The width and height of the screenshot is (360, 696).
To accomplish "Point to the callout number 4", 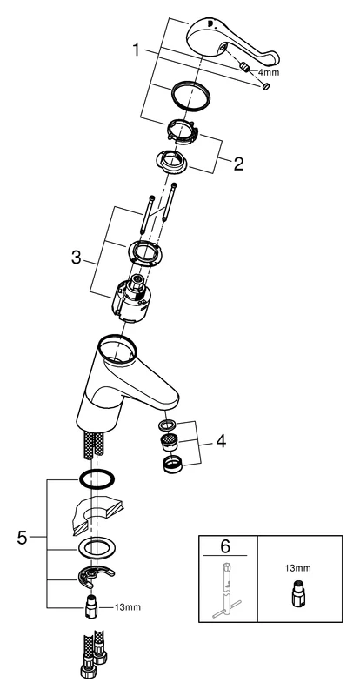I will [x=221, y=441].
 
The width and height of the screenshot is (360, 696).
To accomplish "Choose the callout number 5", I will [x=23, y=539].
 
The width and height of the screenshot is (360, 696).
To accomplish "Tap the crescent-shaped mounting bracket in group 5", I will [x=95, y=577].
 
